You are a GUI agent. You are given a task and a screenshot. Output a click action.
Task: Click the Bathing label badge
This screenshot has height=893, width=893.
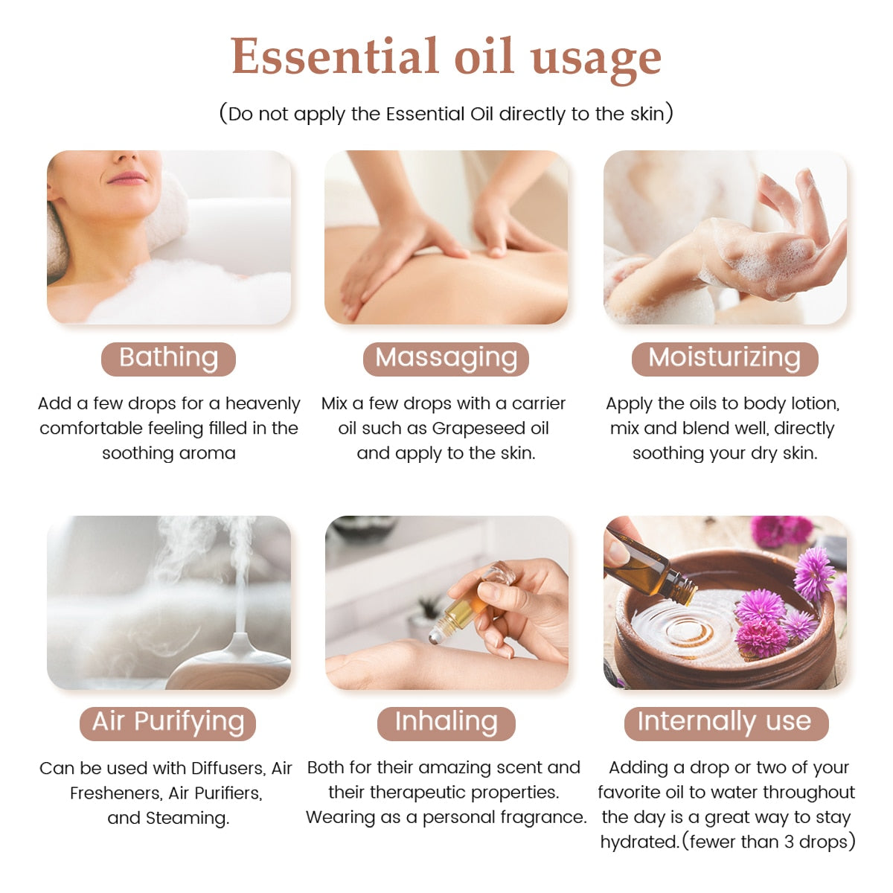click(x=168, y=358)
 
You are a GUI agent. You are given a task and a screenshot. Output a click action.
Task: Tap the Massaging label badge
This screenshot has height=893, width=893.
click(x=446, y=358)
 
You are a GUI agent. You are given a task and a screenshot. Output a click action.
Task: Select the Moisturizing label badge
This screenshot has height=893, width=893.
click(x=724, y=358)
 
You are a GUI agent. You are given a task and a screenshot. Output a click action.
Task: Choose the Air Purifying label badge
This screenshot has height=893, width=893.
click(x=168, y=723)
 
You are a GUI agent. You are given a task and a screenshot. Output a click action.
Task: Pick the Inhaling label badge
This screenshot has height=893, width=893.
click(x=446, y=723)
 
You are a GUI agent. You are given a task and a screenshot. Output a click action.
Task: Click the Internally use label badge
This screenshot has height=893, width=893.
click(x=724, y=723)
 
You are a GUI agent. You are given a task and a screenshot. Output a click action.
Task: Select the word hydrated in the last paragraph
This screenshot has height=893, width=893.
click(x=639, y=842)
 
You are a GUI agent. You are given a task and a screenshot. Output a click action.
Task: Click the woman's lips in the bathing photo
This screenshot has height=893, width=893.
click(x=127, y=179)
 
